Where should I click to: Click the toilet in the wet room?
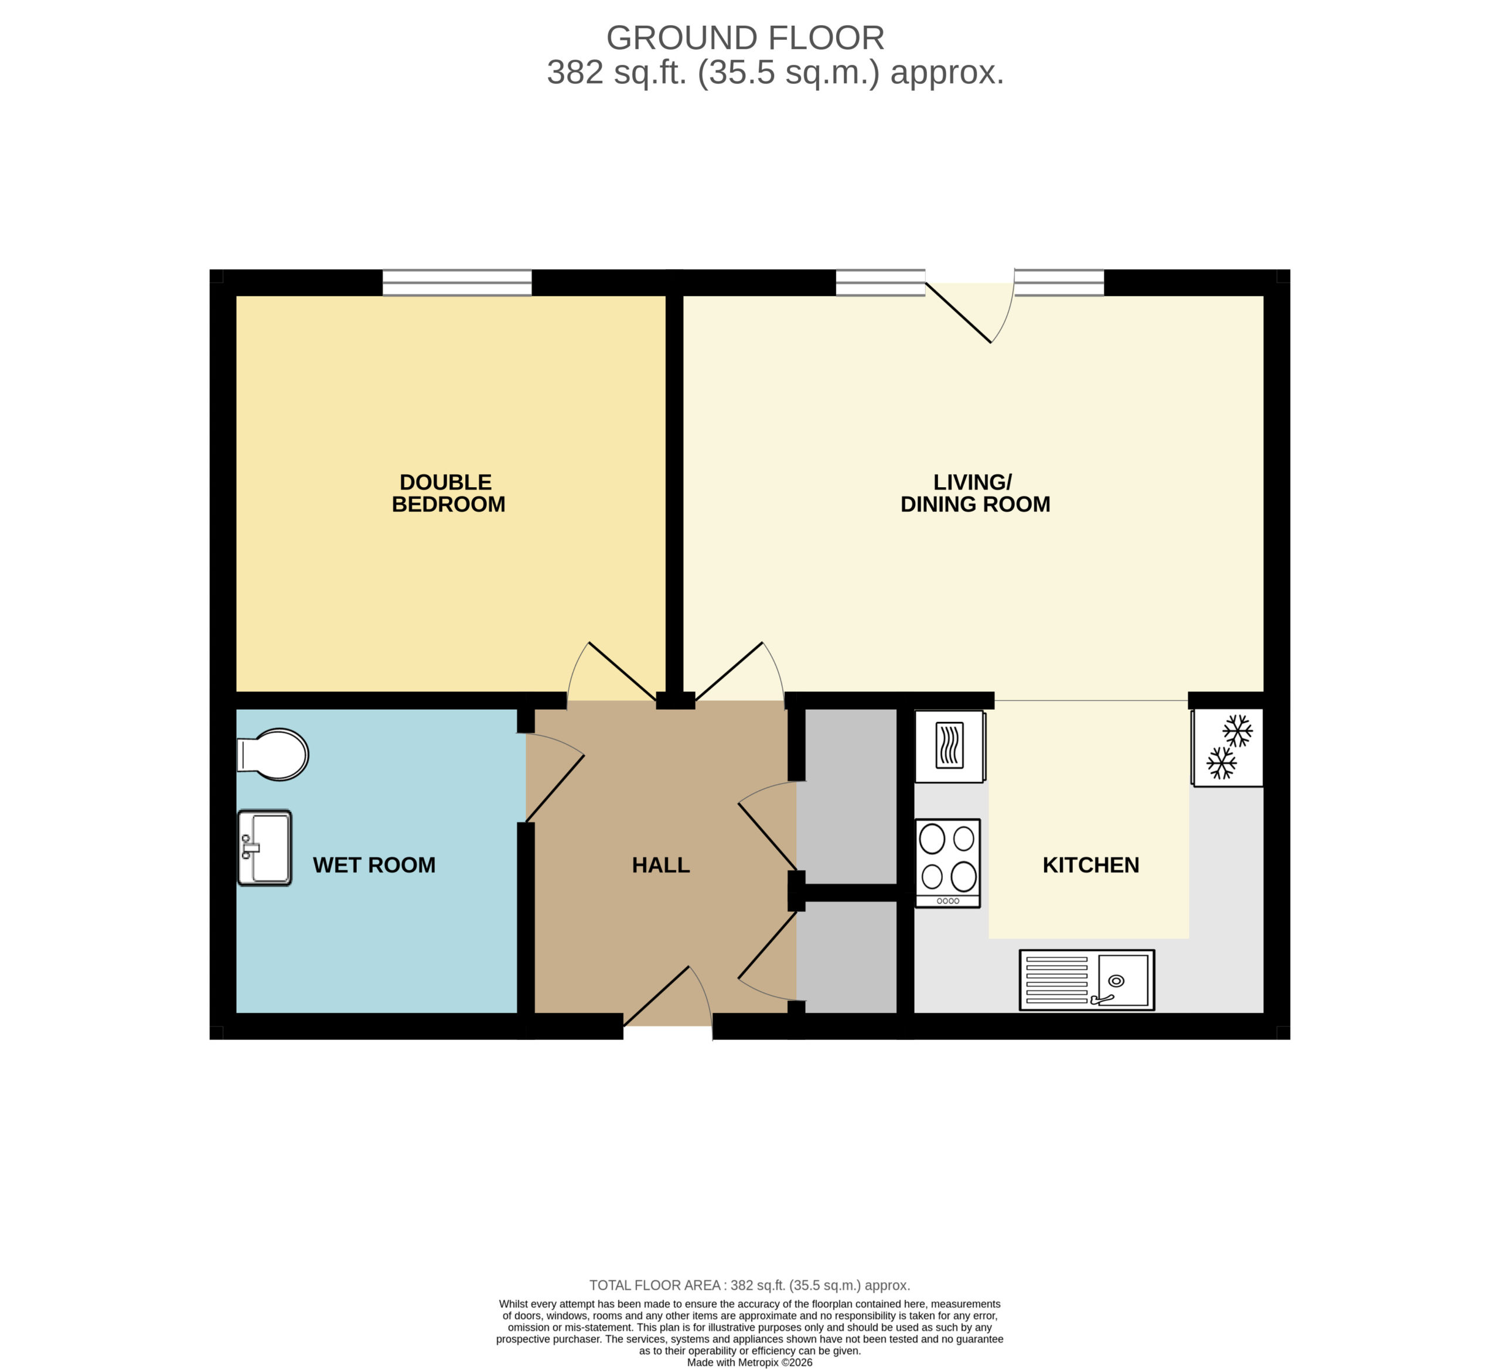pos(273,754)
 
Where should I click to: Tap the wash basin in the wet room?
pos(265,848)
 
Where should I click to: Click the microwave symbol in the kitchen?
pos(950,747)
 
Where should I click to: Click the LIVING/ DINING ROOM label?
pos(976,493)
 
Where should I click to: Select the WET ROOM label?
pos(374,865)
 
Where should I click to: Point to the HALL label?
pos(661,865)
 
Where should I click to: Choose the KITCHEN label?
pos(1091,865)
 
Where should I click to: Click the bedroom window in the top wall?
pos(457,283)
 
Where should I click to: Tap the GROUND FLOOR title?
pos(745,38)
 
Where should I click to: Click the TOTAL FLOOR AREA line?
pos(750,1285)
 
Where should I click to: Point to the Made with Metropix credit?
pos(750,1363)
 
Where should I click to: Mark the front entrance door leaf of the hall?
pos(656,997)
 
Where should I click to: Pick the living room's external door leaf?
pos(959,313)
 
